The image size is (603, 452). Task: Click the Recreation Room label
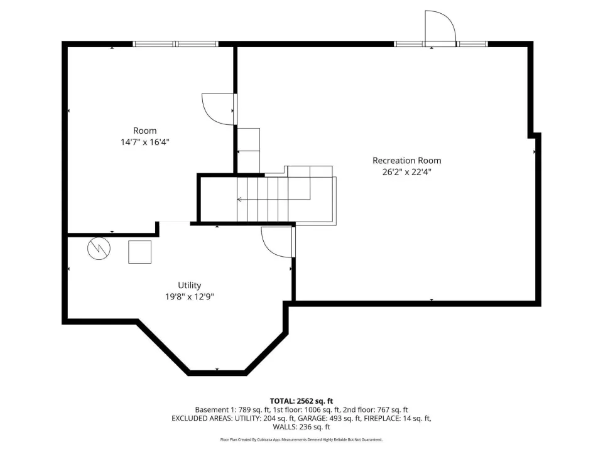tap(406, 161)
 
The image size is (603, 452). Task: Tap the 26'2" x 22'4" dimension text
tap(406, 172)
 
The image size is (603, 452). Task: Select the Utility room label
tap(189, 286)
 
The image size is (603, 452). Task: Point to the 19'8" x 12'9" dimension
tap(189, 297)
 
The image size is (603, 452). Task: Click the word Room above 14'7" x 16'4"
tap(145, 131)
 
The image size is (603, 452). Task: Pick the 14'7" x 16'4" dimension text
tap(145, 143)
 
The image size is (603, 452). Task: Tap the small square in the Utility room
tap(139, 252)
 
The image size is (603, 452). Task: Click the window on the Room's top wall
tap(176, 44)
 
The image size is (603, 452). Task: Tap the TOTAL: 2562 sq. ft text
tap(301, 401)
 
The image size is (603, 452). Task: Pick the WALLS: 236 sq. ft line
tap(301, 427)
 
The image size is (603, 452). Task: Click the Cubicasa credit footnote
tap(301, 439)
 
